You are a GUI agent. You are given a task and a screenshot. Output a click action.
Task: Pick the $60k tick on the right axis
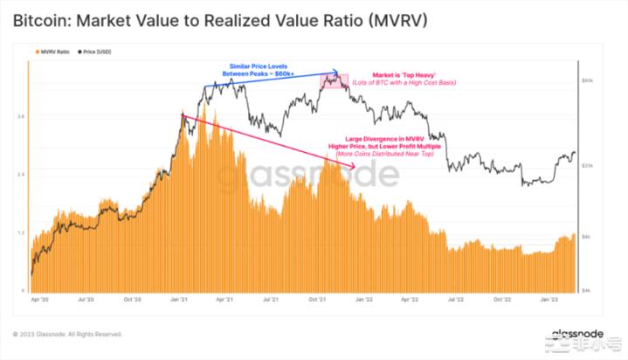tap(589, 80)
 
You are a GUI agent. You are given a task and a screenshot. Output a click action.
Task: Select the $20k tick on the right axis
tap(589, 165)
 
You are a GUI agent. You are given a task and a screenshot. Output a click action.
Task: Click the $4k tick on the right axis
tap(589, 289)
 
